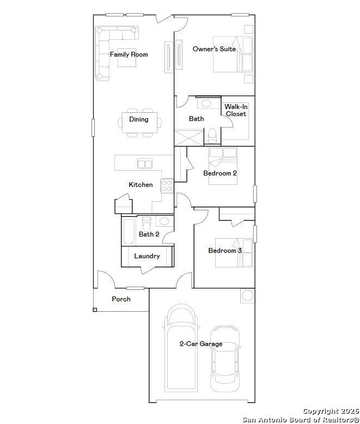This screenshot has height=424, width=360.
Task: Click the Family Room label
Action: point(129,54)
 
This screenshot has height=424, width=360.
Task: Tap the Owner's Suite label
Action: point(214,49)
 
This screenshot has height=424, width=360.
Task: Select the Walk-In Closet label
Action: point(236,110)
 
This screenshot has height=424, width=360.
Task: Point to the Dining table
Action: point(139,123)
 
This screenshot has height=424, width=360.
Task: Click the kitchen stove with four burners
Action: point(167,186)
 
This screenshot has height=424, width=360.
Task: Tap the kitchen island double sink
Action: point(144,163)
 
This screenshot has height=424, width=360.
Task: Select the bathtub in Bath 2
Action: point(129,232)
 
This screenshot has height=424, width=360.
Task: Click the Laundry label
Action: point(147,256)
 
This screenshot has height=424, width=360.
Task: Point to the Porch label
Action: point(121,299)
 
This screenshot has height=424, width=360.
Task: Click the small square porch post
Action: point(95,310)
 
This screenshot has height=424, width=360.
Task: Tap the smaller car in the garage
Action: point(225,359)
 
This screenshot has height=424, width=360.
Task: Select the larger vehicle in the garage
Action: point(181,348)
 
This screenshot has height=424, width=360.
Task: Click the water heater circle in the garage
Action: point(248,295)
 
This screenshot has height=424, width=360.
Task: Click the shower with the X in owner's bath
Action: point(188,138)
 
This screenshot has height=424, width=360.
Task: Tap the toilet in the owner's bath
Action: point(212,135)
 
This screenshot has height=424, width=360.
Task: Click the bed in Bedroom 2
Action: point(223,166)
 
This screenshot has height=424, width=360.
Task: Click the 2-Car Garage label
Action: point(201,344)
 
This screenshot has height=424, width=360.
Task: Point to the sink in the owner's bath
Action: point(206,104)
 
